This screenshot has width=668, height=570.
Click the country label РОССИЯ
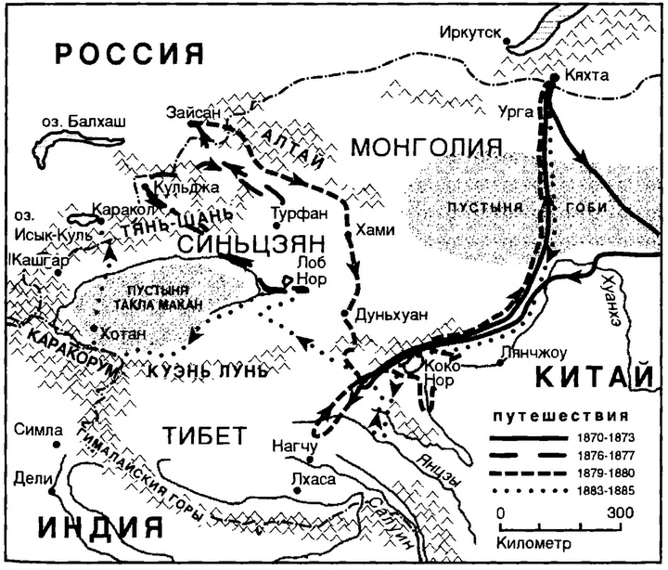click(130, 53)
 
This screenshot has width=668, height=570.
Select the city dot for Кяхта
click(553, 82)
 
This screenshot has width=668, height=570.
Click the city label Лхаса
click(311, 480)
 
